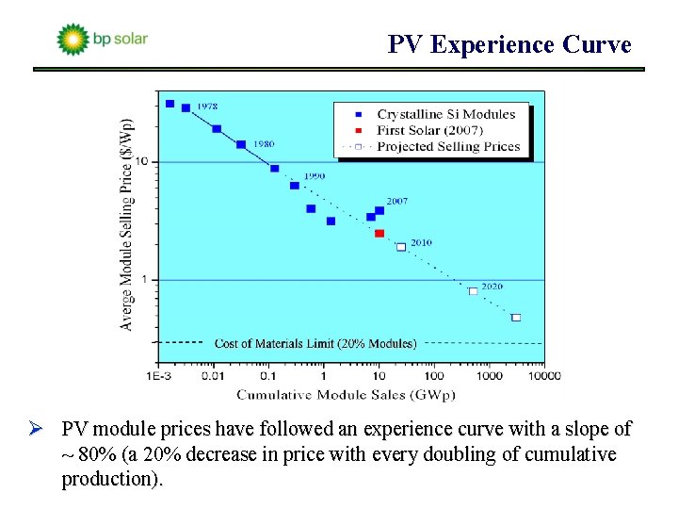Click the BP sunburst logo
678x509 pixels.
click(73, 40)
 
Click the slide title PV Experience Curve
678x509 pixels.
click(509, 44)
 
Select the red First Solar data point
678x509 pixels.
click(379, 233)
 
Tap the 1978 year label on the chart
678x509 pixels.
click(207, 107)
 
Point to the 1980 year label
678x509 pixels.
click(263, 144)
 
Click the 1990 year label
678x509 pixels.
click(315, 176)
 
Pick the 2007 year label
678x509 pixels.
click(396, 202)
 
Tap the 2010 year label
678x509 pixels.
click(421, 242)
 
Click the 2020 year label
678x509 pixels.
click(492, 287)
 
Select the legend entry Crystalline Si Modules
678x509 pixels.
click(445, 114)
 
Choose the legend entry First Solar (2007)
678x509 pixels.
click(429, 130)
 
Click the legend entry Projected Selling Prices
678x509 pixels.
click(447, 146)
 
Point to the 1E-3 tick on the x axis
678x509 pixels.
click(158, 376)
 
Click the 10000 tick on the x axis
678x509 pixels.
click(542, 376)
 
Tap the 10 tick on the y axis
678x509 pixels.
click(142, 162)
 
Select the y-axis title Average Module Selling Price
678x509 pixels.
click(127, 223)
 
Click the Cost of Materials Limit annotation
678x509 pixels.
click(315, 343)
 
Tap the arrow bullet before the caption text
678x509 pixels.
click(43, 430)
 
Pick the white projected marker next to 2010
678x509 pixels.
click(401, 247)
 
